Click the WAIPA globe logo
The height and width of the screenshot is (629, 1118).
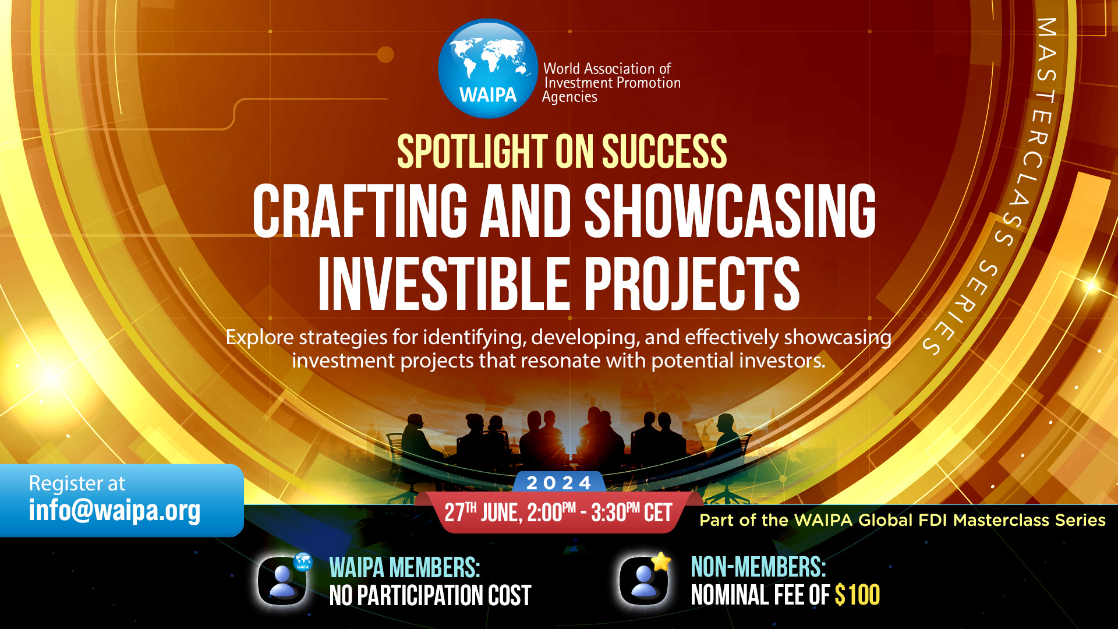[488, 69]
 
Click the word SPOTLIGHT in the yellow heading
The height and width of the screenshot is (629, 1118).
[472, 151]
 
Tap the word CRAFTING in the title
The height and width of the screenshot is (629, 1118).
[360, 211]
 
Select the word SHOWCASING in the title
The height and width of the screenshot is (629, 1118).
[730, 211]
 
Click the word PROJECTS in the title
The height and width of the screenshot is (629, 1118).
[692, 284]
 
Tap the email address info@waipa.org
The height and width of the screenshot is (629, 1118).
[115, 510]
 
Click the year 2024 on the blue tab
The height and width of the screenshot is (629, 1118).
[559, 483]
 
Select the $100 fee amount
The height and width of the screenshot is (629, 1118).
[857, 595]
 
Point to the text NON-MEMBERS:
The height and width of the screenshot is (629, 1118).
[758, 567]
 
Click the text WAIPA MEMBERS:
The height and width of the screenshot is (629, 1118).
[405, 568]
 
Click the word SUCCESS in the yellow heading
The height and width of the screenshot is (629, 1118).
[664, 151]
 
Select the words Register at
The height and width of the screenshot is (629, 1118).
[77, 483]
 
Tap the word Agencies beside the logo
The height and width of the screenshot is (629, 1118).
[569, 97]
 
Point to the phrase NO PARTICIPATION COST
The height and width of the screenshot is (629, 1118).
[430, 596]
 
